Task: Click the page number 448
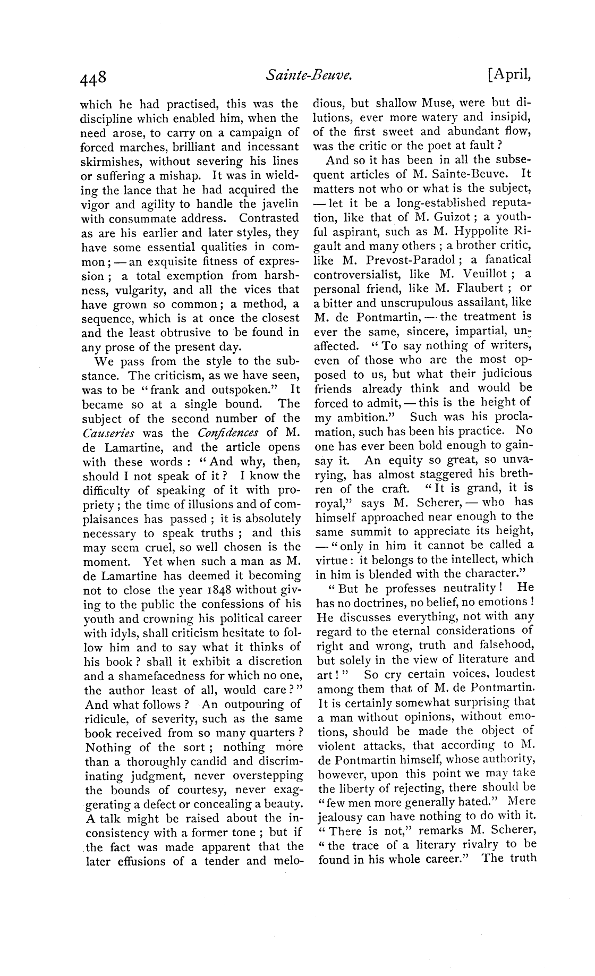tap(94, 78)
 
